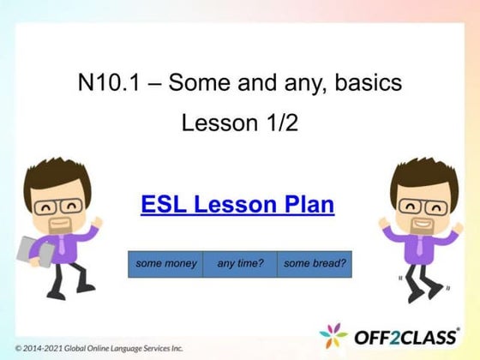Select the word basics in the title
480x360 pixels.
[372, 84]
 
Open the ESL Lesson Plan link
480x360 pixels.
[237, 205]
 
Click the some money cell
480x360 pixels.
[165, 264]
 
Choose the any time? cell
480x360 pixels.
[239, 264]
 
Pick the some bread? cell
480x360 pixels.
[315, 264]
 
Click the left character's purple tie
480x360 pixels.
[63, 248]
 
